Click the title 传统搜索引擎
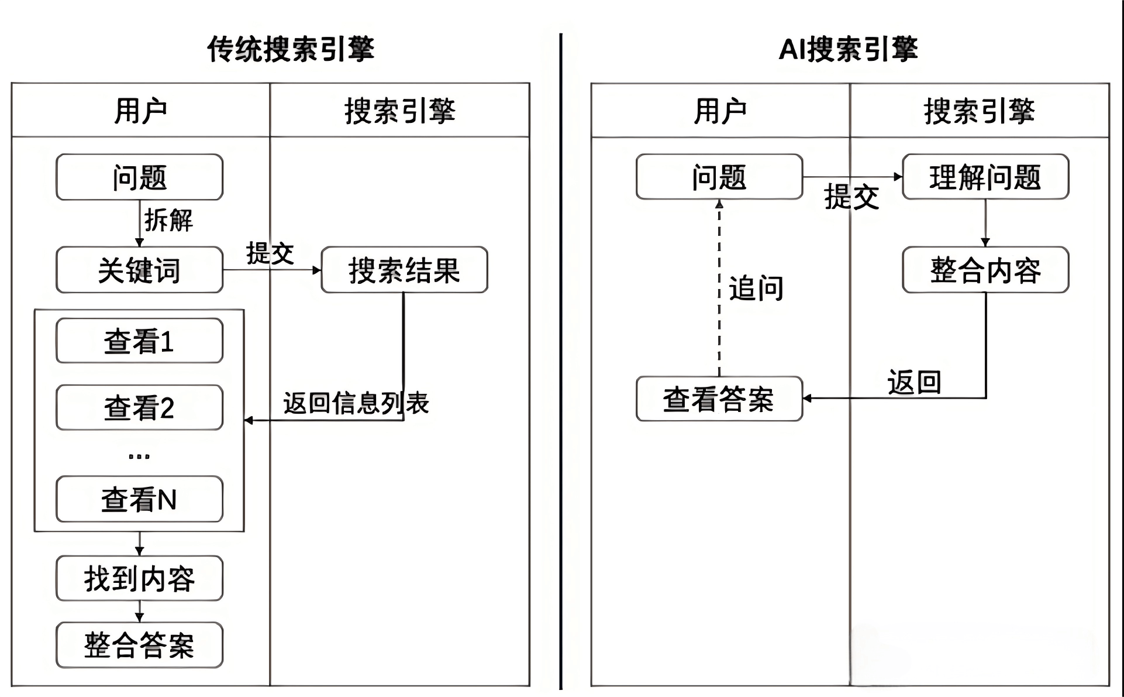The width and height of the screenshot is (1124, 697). point(290,49)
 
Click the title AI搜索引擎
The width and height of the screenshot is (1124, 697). point(848,49)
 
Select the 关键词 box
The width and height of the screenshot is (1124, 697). point(139,270)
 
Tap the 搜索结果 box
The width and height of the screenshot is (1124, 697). point(404,270)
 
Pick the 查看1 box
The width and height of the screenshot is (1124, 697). point(139,341)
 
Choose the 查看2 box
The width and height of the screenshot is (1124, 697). point(139,407)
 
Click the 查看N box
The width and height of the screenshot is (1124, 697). point(139,499)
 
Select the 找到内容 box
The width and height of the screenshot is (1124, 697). point(139,578)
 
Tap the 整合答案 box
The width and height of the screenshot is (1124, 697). point(139,645)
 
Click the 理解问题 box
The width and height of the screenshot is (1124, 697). point(985,177)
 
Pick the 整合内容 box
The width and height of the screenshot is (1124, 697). point(985,270)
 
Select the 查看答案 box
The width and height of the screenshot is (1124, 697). point(719,399)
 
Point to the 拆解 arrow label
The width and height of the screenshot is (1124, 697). point(168,221)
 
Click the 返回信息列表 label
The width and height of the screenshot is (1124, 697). point(356,403)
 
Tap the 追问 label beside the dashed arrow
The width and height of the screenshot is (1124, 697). point(756,289)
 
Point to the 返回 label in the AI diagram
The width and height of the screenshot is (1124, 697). point(914,382)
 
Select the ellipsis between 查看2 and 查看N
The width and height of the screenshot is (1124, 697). point(139,456)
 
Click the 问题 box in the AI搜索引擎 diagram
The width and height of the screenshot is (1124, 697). point(719,177)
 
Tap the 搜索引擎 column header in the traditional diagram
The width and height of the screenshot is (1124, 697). point(399,111)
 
